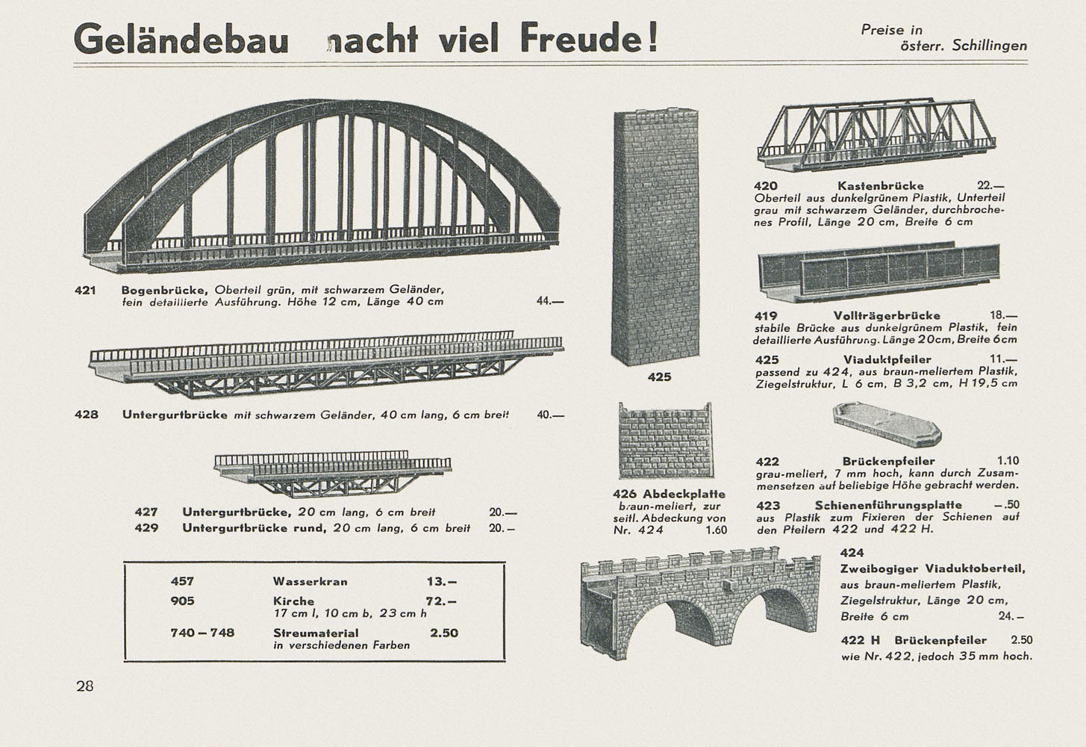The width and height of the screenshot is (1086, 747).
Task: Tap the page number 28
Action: [84, 686]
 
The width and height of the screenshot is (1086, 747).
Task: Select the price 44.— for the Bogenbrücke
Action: [550, 301]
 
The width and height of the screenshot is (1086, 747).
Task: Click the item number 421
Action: [85, 291]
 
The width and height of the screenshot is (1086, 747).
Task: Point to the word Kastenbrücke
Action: [881, 186]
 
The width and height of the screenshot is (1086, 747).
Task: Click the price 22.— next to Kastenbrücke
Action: [991, 186]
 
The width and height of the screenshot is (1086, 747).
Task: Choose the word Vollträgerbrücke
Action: [887, 316]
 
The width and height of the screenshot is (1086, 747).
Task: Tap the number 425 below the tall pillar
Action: [659, 377]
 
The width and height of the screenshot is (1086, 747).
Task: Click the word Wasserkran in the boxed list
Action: [310, 582]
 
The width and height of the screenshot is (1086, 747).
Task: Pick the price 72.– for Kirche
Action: [441, 601]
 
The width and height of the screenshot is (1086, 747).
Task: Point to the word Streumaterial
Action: [316, 633]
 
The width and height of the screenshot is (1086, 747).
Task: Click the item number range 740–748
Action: [202, 633]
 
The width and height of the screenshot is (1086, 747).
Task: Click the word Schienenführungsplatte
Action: [888, 506]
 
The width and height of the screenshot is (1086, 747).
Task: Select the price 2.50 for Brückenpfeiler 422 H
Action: [1022, 640]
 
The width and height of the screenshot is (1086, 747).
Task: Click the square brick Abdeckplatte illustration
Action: [666, 441]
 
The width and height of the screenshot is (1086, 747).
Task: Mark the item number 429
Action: [146, 527]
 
